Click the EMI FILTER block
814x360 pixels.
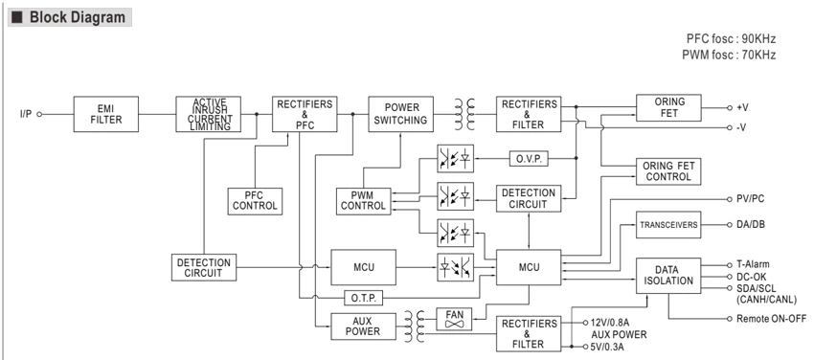point(106,114)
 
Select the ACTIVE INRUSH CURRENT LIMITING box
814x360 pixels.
point(208,114)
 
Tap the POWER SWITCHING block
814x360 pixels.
point(400,114)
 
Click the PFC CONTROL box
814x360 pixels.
point(255,201)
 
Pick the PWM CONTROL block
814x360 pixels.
point(363,201)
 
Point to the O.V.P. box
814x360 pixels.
point(529,158)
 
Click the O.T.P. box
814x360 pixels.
point(363,299)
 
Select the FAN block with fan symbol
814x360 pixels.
point(454,320)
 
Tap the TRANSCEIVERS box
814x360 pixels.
point(668,225)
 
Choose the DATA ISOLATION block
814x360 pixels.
point(668,276)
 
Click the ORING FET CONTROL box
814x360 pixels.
point(668,171)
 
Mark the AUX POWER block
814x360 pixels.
point(363,326)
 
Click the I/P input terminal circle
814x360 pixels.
point(39,114)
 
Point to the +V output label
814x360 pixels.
point(742,107)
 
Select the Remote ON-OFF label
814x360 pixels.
point(772,319)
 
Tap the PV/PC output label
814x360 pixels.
point(750,198)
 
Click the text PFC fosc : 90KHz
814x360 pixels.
point(732,39)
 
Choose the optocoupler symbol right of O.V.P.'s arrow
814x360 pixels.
point(455,158)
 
